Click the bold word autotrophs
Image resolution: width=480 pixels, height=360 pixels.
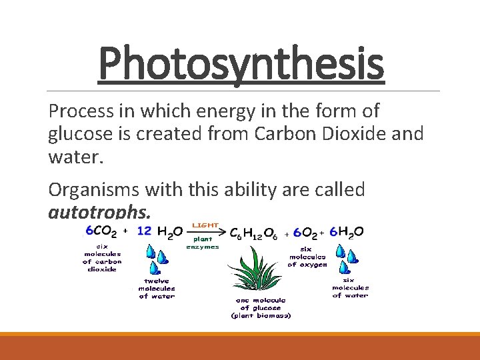100,212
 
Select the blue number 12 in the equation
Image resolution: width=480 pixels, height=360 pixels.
144,231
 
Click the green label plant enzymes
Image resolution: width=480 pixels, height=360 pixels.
203,242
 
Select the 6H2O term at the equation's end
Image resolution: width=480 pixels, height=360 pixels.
347,232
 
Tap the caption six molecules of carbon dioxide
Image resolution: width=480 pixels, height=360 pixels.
102,257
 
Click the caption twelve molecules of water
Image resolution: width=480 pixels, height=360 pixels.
157,288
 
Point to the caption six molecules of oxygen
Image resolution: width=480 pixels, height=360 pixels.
307,255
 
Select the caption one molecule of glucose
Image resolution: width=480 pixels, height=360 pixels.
261,308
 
